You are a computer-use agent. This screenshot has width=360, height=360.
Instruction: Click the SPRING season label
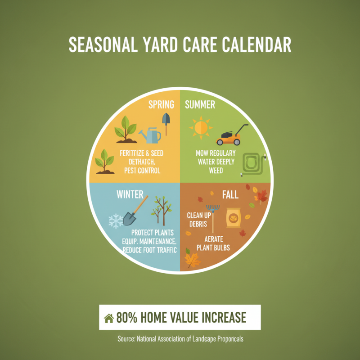[x=161, y=105]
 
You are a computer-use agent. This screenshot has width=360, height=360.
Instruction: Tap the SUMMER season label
[x=200, y=105]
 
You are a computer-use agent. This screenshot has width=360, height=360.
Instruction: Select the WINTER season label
[x=130, y=194]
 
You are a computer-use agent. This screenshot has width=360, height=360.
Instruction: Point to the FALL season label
[x=230, y=195]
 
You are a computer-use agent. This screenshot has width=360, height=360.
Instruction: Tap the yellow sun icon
[x=200, y=127]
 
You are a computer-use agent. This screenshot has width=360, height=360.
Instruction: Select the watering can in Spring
[x=151, y=134]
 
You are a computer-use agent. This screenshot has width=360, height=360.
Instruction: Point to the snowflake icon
[x=116, y=221]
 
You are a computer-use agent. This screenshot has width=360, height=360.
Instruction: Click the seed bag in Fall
[x=234, y=218]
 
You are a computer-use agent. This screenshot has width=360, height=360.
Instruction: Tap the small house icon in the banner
[x=108, y=318]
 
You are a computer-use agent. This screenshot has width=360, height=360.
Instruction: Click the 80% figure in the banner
[x=127, y=318]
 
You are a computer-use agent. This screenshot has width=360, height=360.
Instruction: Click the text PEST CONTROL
[x=142, y=171]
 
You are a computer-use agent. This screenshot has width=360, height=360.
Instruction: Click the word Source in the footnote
[x=125, y=339]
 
